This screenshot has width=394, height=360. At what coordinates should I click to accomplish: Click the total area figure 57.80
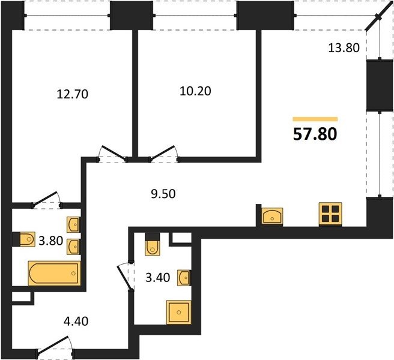click(x=315, y=134)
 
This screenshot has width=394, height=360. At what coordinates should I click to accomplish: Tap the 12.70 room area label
click(x=73, y=94)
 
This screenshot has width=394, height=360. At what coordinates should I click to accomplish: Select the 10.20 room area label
click(x=195, y=91)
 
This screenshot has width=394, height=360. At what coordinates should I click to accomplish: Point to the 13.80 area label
click(x=344, y=47)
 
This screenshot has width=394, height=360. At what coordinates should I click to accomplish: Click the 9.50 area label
click(x=163, y=194)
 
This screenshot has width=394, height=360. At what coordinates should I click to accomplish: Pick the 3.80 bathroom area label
click(x=51, y=241)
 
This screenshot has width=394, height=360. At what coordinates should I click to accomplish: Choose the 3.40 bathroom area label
click(x=158, y=278)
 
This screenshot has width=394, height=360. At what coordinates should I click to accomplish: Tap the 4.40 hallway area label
click(x=76, y=322)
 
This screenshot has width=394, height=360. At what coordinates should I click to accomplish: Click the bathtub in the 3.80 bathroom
click(x=55, y=273)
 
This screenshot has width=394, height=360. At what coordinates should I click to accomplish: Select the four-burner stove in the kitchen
click(x=330, y=214)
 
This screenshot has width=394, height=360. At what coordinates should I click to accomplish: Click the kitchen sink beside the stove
click(x=272, y=216)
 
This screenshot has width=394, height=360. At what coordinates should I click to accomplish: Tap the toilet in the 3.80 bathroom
click(x=26, y=239)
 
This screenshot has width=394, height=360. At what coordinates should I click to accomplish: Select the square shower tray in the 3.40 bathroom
click(x=178, y=312)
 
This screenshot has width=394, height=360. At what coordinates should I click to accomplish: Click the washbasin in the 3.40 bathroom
click(x=184, y=277)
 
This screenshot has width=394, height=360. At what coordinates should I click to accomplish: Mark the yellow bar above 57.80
click(x=315, y=119)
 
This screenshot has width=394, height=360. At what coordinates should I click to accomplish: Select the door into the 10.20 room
click(x=164, y=153)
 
